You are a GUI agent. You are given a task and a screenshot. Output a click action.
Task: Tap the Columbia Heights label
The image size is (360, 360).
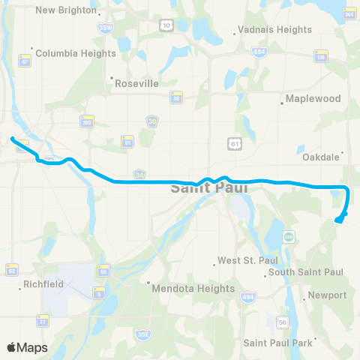pos(75,53)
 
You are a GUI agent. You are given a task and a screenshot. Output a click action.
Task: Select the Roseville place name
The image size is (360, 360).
pos(136,84)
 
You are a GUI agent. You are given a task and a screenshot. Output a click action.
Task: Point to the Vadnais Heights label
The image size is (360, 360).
pos(274,30)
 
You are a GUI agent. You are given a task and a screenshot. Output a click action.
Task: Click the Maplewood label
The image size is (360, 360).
pos(313,99)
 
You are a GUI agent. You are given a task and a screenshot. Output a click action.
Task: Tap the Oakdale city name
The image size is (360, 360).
pos(321,157)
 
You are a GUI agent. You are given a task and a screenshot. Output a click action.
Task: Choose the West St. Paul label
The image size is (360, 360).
pos(242,261)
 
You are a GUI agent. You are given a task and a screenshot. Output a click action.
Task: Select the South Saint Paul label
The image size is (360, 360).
pos(305,271)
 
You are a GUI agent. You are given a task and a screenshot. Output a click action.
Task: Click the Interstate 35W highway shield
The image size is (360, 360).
pos(105,27)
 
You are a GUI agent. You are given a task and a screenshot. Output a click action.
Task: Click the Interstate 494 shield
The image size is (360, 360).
pos(247,297)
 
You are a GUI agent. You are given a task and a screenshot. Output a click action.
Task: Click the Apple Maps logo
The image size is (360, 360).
pos(27,347)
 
